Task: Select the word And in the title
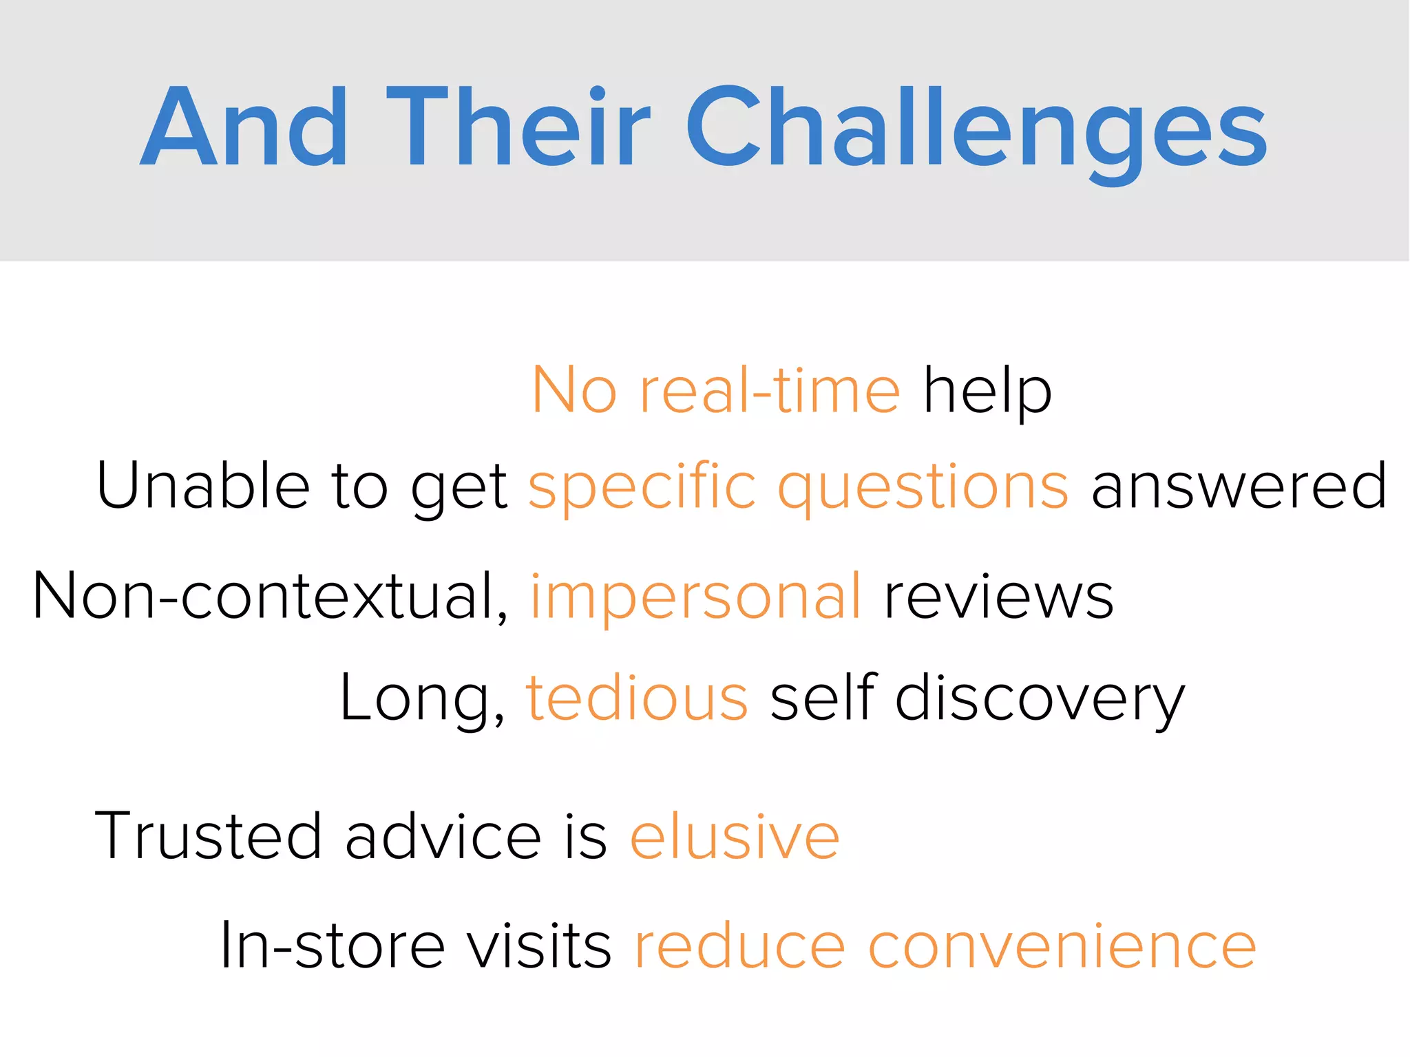coord(244,127)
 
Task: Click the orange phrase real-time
coord(769,391)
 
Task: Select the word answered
coord(1239,487)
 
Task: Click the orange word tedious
coord(637,698)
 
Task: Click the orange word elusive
coord(735,837)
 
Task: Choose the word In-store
coord(333,946)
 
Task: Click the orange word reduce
coord(739,947)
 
